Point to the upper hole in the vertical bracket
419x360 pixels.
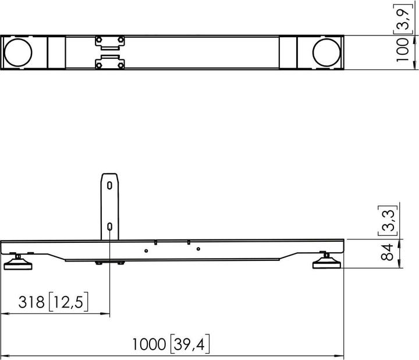[x=110, y=185]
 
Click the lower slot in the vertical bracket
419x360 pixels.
[x=110, y=227]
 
